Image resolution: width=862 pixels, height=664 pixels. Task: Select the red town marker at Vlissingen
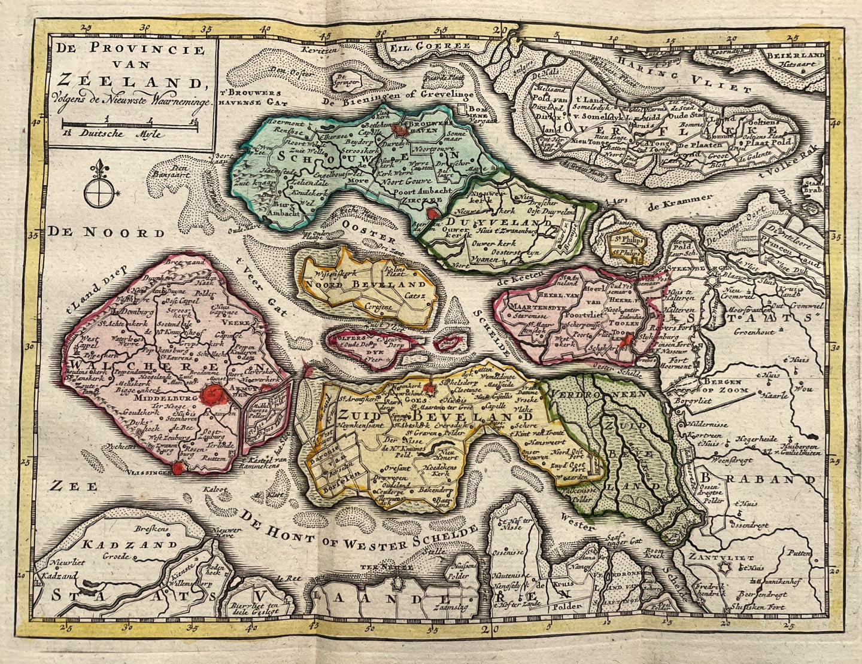click(x=178, y=469)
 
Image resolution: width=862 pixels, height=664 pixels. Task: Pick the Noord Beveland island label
click(x=365, y=284)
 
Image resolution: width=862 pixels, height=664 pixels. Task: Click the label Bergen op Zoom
click(x=726, y=386)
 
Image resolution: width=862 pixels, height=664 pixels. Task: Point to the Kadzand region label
click(x=130, y=544)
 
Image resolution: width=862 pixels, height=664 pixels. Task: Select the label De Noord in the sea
click(x=107, y=232)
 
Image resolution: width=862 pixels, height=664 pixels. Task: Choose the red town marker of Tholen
click(x=626, y=342)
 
